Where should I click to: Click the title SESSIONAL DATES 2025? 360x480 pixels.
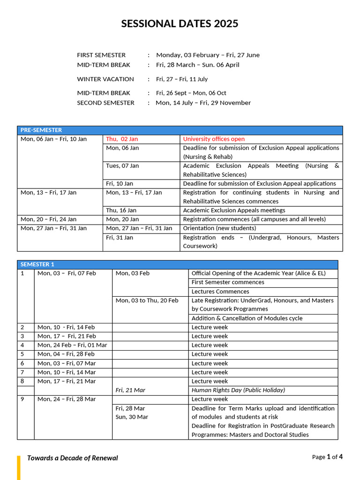pyautogui.click(x=180, y=24)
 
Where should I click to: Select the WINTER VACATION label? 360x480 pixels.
pyautogui.click(x=105, y=79)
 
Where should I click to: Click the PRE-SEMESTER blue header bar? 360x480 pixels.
pyautogui.click(x=180, y=130)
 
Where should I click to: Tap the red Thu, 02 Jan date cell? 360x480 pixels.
pyautogui.click(x=122, y=139)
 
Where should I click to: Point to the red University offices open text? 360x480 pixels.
pyautogui.click(x=214, y=139)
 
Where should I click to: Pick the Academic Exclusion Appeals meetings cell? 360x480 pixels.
pyautogui.click(x=234, y=210)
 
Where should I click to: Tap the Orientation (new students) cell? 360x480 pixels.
pyautogui.click(x=219, y=228)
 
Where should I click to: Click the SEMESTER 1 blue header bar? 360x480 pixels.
pyautogui.click(x=177, y=264)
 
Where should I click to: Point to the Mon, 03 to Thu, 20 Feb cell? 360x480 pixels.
pyautogui.click(x=147, y=300)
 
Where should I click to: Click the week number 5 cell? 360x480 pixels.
pyautogui.click(x=22, y=354)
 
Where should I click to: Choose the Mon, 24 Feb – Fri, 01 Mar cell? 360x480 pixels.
pyautogui.click(x=72, y=345)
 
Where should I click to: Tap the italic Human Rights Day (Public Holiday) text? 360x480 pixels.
pyautogui.click(x=238, y=390)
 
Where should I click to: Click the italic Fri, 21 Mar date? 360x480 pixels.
pyautogui.click(x=130, y=390)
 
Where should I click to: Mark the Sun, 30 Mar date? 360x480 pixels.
pyautogui.click(x=132, y=417)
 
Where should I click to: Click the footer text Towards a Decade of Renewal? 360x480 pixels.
pyautogui.click(x=73, y=458)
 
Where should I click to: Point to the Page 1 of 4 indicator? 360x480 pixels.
pyautogui.click(x=327, y=457)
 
